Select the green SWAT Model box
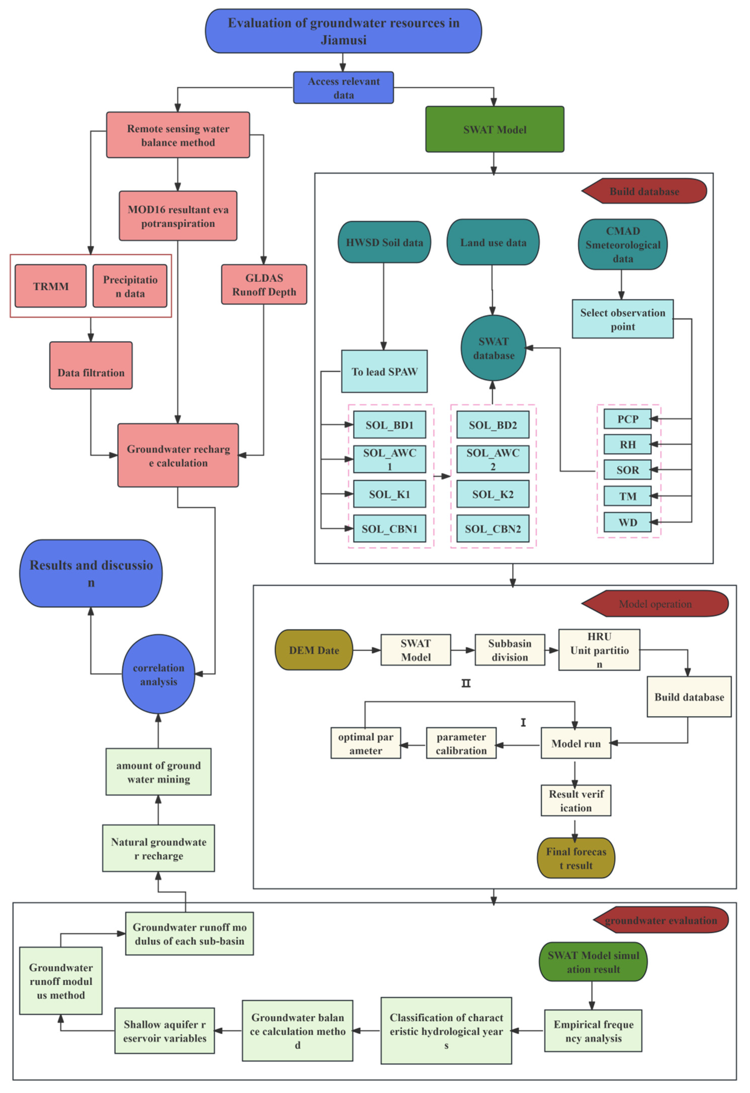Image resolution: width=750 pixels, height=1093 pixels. [494, 129]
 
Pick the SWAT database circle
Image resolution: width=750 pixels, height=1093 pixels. [493, 348]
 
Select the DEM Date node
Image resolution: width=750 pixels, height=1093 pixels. [314, 650]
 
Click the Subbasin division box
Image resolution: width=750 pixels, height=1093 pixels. [509, 650]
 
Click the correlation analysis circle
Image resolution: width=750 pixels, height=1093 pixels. [159, 674]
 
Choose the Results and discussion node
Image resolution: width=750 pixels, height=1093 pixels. [91, 573]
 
